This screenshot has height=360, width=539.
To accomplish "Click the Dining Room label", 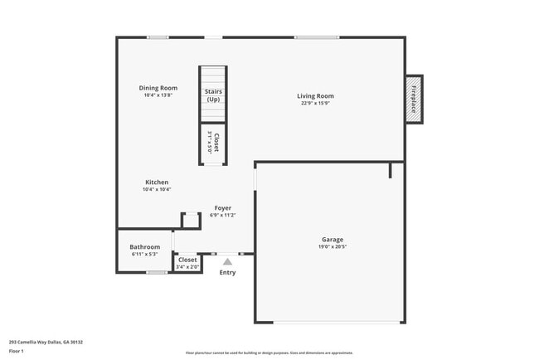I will pos(158,88).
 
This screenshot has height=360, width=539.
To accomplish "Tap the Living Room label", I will pos(315,96).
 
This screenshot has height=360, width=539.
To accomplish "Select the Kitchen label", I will pos(157,182).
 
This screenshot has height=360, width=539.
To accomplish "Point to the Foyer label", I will pos(223,208).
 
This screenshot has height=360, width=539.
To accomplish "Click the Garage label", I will pos(333,240).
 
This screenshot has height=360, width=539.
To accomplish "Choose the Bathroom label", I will pos(144,246).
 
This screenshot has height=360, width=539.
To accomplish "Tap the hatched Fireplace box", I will pos(413,100).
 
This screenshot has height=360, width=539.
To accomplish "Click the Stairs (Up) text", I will pos(213,95).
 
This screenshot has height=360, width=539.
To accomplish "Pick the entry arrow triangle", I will pos(227,261).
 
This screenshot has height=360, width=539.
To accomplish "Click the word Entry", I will pos(227,273).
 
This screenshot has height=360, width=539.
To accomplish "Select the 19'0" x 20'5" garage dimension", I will pos(333,247).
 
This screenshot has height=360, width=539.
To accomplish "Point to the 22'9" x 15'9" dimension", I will pos(315,104).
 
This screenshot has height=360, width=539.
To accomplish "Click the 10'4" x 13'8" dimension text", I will pos(158,95).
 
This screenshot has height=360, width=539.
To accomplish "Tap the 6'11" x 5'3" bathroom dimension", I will pos(144,254).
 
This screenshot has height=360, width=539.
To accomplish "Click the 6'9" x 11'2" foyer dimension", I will pos(223,216).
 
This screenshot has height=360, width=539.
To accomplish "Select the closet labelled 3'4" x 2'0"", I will pos(187,264).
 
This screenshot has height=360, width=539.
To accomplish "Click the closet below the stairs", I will pos(213,143).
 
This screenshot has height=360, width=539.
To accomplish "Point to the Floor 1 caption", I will pos(17,351).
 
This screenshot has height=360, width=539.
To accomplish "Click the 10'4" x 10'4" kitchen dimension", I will pos(157,190).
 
